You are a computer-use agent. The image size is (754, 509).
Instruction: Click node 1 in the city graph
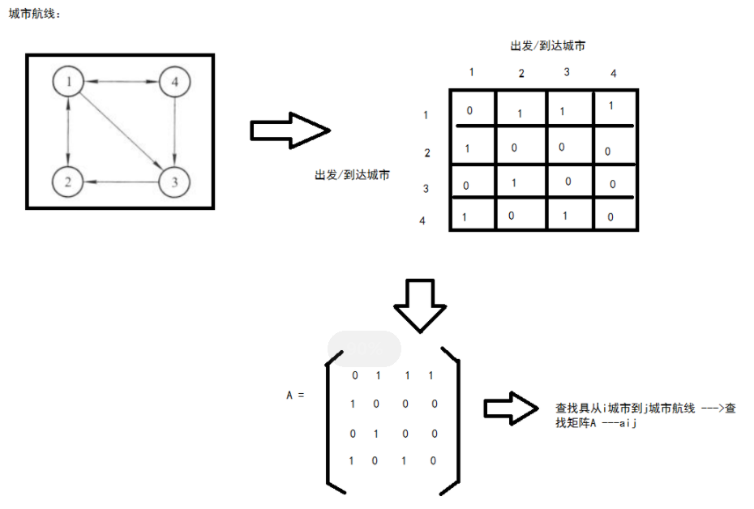pos(69,81)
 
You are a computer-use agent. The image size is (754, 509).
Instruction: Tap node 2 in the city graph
pos(68,182)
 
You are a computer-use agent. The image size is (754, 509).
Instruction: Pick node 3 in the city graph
pos(174,182)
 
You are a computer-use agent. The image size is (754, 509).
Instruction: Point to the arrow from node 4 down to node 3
pos(174,130)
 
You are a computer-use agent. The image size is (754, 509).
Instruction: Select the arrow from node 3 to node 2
pos(122,182)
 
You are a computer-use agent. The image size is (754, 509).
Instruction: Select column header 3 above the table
pos(567,72)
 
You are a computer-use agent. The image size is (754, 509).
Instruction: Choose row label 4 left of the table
pos(422,220)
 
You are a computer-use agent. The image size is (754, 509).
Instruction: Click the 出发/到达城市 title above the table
pos(548,46)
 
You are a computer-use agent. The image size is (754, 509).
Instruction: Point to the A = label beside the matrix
pos(295,395)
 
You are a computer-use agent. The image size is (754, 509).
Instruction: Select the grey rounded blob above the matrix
pos(364,349)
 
